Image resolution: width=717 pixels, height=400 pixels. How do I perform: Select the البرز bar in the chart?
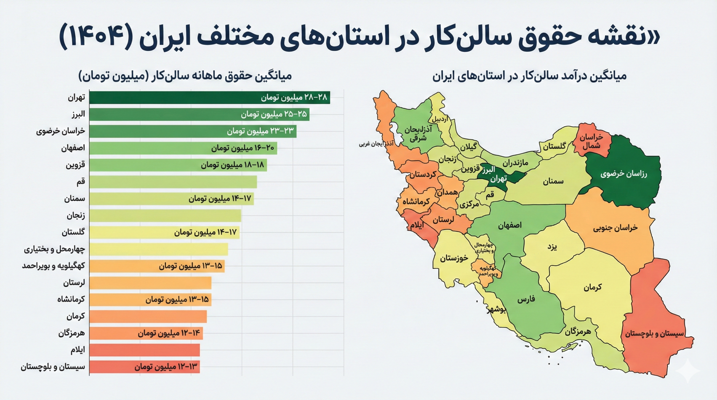point(199,114)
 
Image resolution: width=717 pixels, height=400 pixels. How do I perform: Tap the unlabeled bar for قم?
point(173,182)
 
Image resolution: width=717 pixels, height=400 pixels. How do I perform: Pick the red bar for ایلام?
point(144,350)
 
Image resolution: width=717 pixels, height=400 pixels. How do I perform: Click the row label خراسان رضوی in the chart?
point(61,131)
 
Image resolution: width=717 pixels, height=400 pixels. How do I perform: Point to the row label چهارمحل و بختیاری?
point(54,249)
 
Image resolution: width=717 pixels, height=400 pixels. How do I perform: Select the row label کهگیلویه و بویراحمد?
point(53,266)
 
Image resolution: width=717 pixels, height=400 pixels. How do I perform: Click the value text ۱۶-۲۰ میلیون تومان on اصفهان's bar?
point(242,148)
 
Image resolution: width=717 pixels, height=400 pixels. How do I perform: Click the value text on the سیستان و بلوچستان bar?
point(166,367)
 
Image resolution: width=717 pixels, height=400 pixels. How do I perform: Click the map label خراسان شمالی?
point(591,141)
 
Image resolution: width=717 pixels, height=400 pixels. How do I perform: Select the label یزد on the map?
point(552,247)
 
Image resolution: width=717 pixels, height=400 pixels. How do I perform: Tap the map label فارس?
point(526,300)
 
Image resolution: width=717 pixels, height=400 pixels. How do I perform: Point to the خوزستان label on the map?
point(454,258)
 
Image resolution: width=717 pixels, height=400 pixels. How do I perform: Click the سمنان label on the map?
point(553,181)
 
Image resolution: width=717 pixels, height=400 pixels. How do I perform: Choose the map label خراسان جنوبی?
point(615,228)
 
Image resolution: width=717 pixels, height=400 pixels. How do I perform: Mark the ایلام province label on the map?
point(417,225)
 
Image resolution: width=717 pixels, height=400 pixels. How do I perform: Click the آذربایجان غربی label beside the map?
point(376,144)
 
